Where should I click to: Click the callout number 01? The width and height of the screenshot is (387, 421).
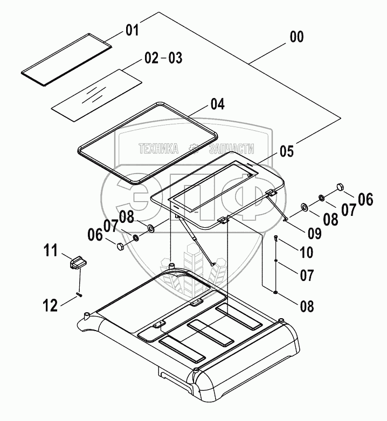click(x=132, y=30)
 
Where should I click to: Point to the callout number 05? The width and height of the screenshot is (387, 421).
click(x=286, y=151)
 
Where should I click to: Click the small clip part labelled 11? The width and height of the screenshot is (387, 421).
click(x=78, y=264)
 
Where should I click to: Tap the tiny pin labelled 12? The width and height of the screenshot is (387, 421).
click(x=79, y=293)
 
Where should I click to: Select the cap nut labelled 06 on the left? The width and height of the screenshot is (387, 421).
click(x=120, y=247)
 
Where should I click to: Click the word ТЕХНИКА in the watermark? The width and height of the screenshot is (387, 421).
click(x=158, y=149)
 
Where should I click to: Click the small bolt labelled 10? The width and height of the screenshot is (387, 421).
click(x=277, y=237)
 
